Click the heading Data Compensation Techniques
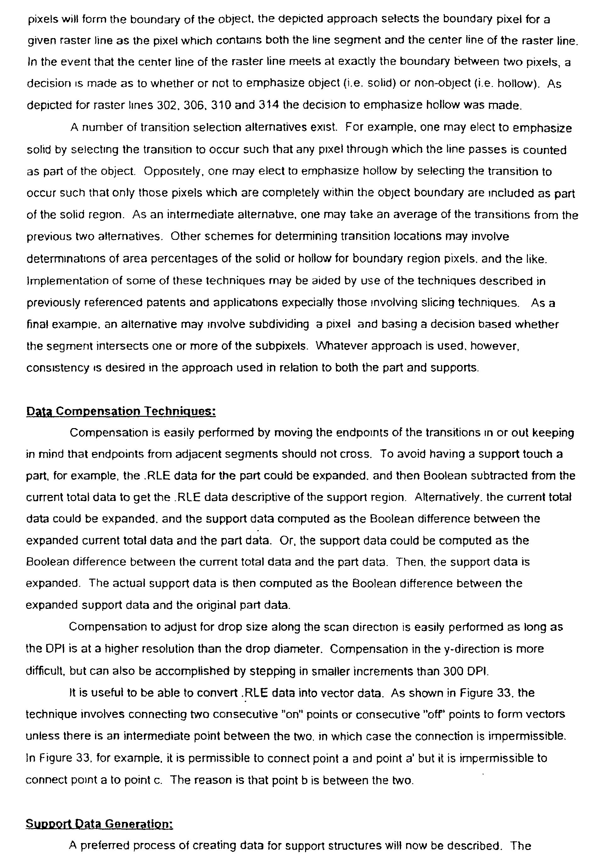[121, 411]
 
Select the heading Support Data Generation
[99, 822]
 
